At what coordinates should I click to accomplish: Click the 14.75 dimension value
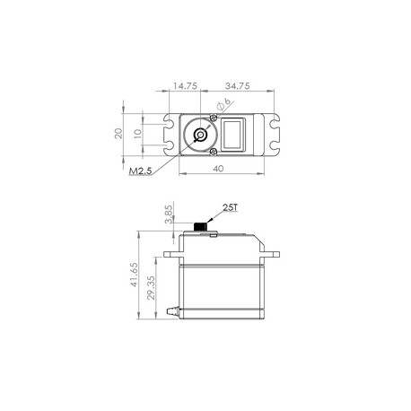point(185,86)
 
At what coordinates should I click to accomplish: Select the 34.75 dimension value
point(238,86)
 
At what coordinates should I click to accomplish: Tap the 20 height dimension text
point(118,133)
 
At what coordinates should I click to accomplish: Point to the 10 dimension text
point(137,134)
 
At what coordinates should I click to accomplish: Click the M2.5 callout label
point(140,171)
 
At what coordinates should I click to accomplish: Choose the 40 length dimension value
point(218,169)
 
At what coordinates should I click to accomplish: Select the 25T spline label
point(230,207)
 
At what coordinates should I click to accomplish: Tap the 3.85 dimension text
point(169,214)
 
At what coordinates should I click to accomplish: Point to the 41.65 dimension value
point(134,275)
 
